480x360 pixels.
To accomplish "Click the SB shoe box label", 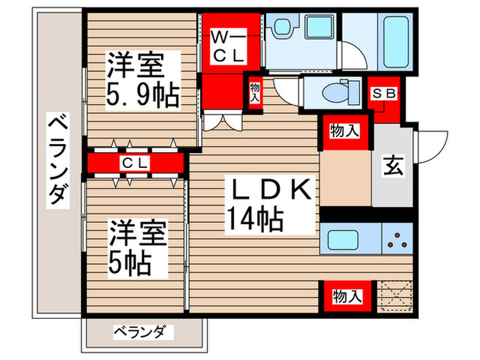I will point(385,94).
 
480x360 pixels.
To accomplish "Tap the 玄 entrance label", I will point(392,165).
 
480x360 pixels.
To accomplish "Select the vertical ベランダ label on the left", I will point(59,162).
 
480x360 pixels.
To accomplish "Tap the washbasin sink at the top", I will point(282,29).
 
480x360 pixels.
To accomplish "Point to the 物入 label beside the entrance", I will point(345,131).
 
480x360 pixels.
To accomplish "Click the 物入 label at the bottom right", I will point(347,296).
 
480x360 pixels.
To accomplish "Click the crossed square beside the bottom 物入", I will point(394,294).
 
